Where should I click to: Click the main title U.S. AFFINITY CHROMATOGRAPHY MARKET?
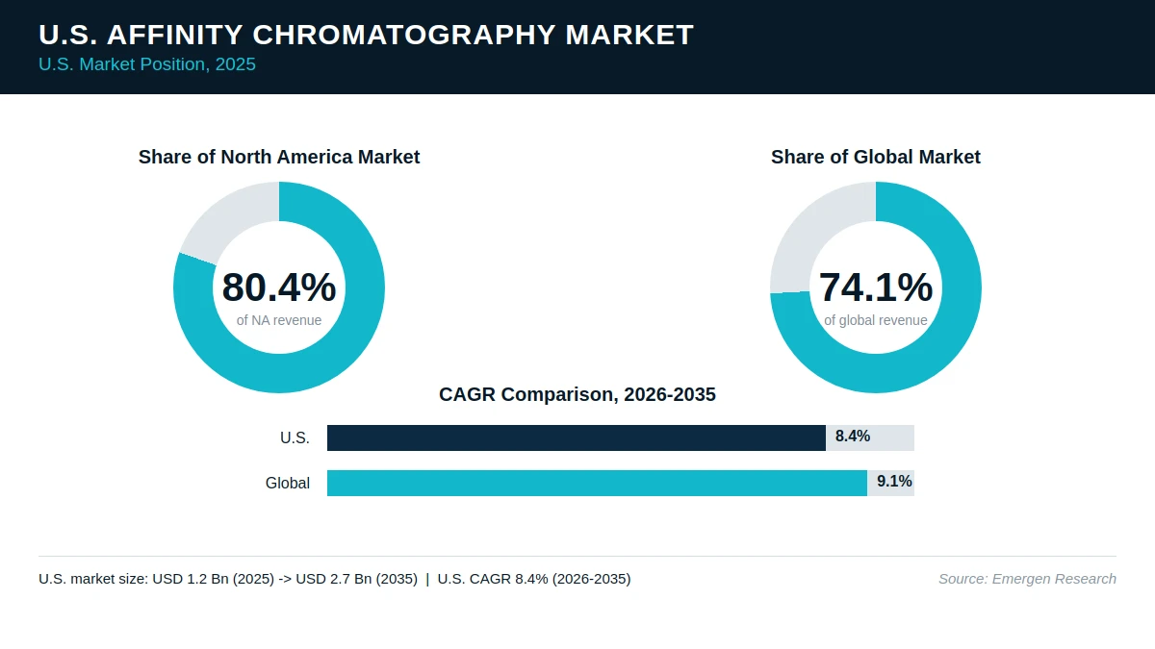(x=366, y=35)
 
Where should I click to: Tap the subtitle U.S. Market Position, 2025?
(x=147, y=64)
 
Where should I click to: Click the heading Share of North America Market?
(x=279, y=157)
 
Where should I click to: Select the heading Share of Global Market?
(x=876, y=157)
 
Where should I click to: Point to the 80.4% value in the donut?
(x=279, y=287)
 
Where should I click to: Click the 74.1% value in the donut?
(x=876, y=287)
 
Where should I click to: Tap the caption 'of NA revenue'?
(x=279, y=320)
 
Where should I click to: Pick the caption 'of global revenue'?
(x=876, y=320)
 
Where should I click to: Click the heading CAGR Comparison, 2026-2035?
(x=577, y=394)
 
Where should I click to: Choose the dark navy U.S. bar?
(x=577, y=437)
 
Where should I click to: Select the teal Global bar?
(x=597, y=483)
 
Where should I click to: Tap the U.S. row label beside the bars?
(x=295, y=437)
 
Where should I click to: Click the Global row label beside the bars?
(x=288, y=483)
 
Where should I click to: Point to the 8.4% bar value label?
(x=853, y=437)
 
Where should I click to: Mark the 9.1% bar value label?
(x=894, y=482)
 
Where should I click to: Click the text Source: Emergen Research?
(x=1027, y=579)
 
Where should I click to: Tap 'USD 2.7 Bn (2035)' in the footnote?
(x=356, y=579)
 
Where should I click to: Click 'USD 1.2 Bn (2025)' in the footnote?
(x=213, y=579)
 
